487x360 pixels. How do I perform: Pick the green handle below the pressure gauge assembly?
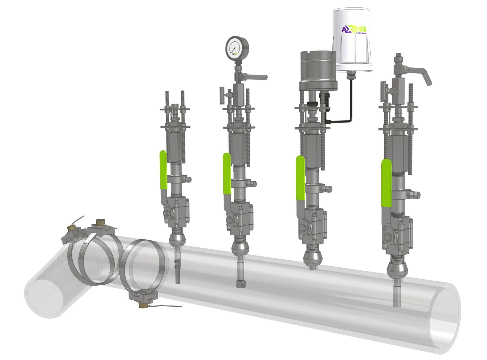(226, 173)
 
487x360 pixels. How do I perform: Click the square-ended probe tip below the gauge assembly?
(240, 284)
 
